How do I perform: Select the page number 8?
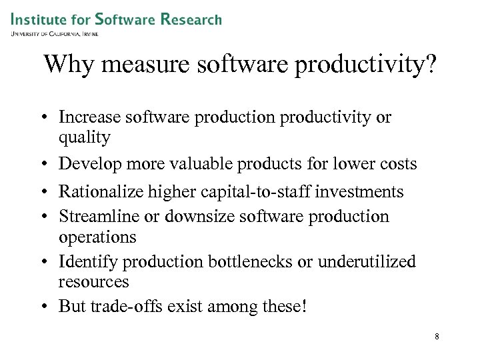coord(437,337)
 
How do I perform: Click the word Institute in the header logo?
coord(39,19)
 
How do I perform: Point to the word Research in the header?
coord(191,19)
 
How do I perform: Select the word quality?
coord(84,137)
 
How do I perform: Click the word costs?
coord(398,163)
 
